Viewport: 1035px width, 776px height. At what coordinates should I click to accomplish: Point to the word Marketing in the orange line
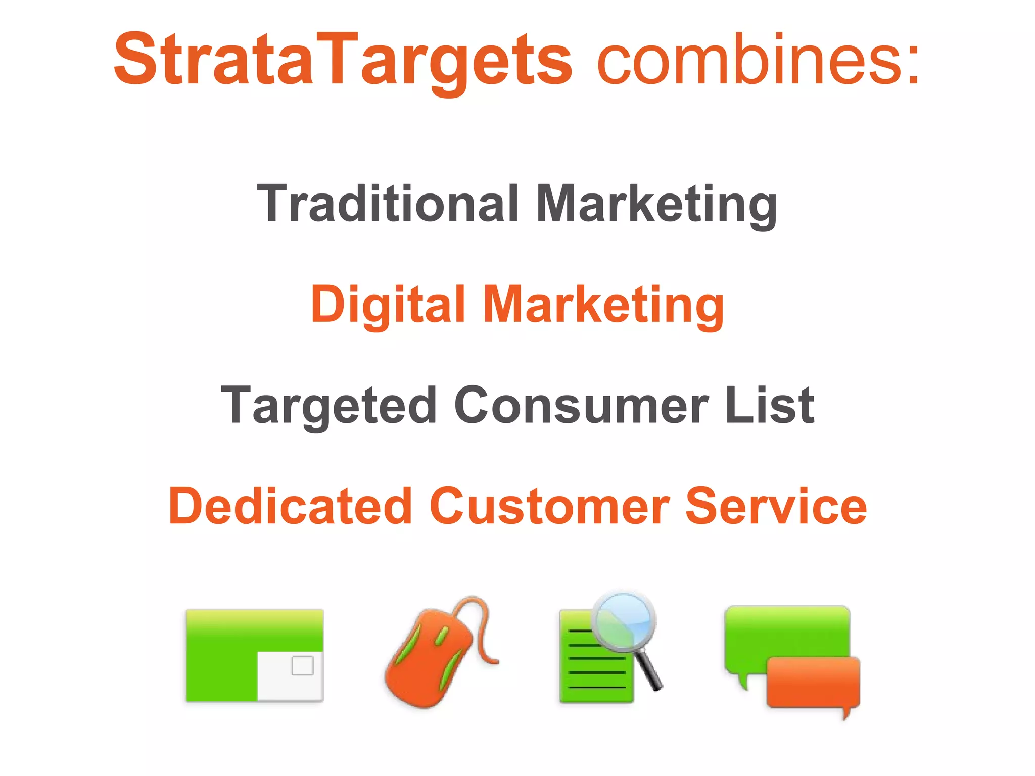pos(604,304)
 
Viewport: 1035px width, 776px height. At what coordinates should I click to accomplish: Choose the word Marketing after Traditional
pos(656,203)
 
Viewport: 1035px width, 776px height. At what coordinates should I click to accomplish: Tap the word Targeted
pos(329,405)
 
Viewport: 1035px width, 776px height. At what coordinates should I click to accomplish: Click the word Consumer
pos(581,405)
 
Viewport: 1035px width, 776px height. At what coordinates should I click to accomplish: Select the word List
pos(769,405)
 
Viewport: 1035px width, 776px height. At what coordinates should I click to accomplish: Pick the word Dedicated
pos(291,506)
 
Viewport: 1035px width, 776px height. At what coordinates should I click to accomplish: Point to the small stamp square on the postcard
pos(302,665)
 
